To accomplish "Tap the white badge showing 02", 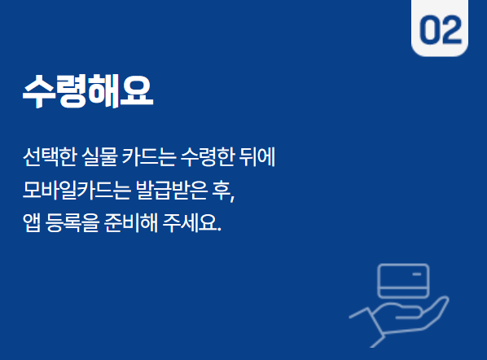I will [441, 29].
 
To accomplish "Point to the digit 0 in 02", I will [430, 30].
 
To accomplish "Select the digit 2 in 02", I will [451, 30].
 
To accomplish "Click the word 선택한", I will [47, 156].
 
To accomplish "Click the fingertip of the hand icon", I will [444, 301].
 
